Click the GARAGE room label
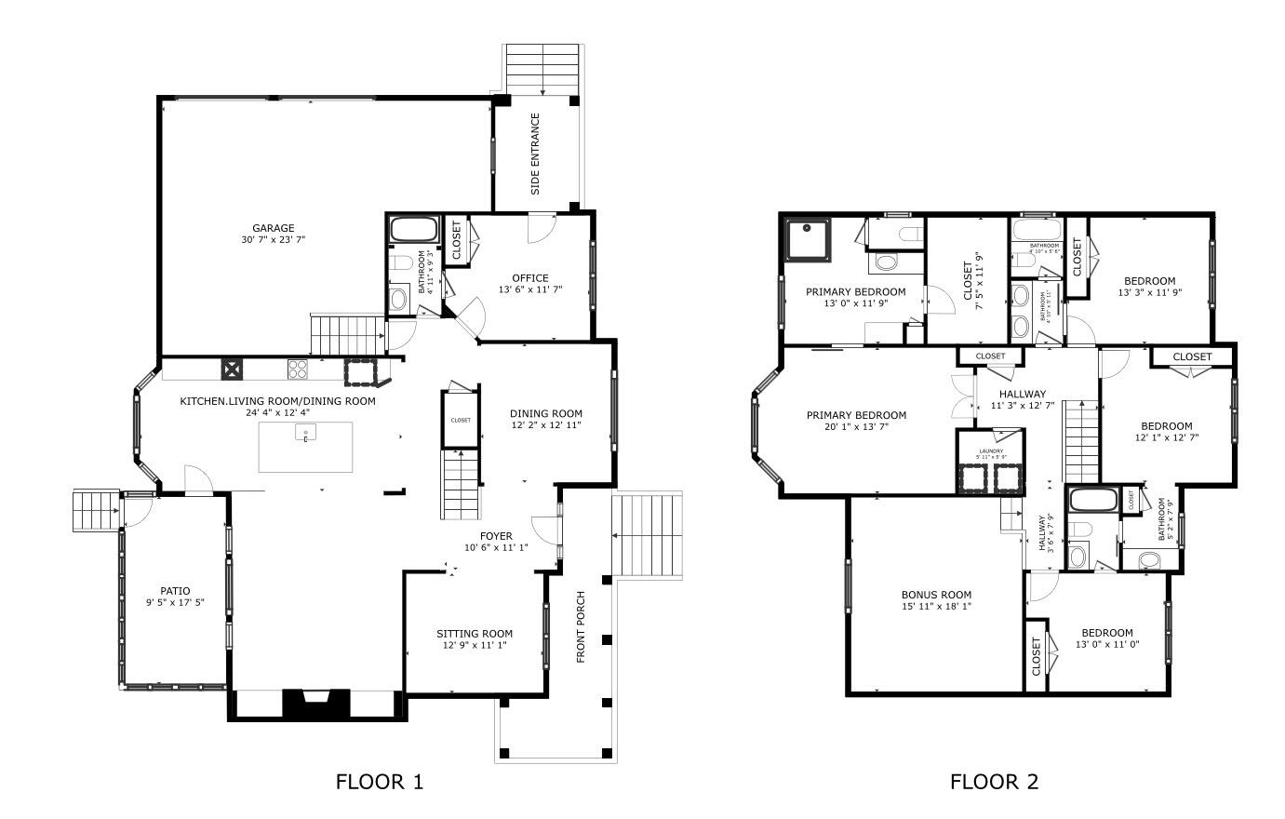[x=273, y=228]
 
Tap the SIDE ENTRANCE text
[x=535, y=154]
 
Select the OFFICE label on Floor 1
[x=529, y=277]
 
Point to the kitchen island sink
[x=305, y=433]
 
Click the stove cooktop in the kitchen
[x=298, y=369]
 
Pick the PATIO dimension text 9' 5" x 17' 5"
[x=175, y=603]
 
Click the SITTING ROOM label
[x=475, y=634]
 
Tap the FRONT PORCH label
[x=581, y=626]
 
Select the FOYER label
[x=496, y=535]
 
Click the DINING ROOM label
[x=545, y=414]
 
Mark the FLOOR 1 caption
[x=379, y=782]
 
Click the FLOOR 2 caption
[x=993, y=782]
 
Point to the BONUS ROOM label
[x=936, y=595]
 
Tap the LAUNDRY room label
[x=989, y=451]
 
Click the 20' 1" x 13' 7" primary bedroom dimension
[x=855, y=427]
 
